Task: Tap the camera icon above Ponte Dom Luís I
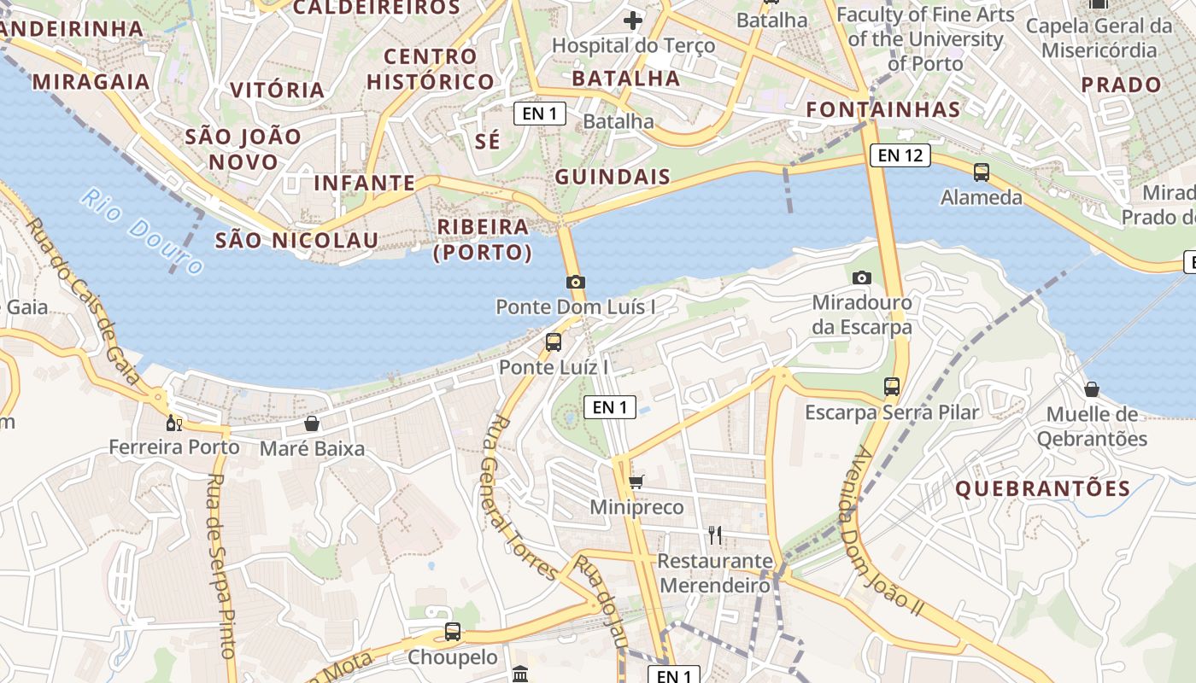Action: (576, 282)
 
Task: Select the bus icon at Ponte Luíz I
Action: (554, 342)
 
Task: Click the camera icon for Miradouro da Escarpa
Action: (861, 277)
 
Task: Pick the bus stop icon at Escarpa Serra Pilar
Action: (892, 387)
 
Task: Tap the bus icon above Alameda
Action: (982, 172)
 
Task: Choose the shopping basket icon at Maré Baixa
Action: (312, 423)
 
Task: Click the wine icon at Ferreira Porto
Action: (174, 423)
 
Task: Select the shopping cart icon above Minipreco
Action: (636, 482)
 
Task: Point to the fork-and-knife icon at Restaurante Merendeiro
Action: (715, 535)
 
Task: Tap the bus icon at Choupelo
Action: (453, 633)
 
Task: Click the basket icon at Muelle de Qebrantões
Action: (1092, 389)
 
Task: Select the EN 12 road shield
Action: (900, 155)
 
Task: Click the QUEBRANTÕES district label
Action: (1042, 489)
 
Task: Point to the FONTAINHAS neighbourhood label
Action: (883, 109)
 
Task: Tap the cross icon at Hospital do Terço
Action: (633, 20)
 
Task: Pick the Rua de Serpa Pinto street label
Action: (220, 564)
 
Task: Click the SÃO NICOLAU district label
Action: (296, 241)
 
